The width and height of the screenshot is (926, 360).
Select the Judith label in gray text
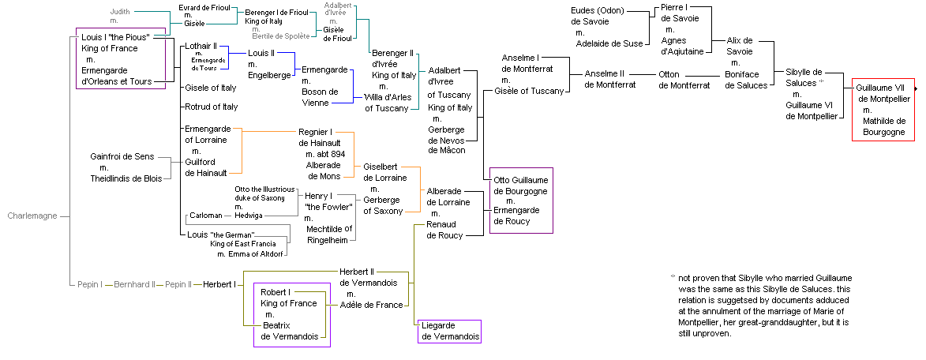tap(120, 12)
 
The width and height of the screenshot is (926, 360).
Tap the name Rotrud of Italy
tap(211, 107)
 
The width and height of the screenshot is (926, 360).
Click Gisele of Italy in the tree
tap(210, 88)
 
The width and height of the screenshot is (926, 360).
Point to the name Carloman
tap(206, 215)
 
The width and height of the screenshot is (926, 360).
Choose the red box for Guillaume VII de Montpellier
tap(883, 111)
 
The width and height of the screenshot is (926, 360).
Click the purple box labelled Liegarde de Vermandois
tap(449, 332)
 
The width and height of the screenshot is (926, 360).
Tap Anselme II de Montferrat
tap(610, 79)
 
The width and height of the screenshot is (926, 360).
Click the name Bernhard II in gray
tap(135, 283)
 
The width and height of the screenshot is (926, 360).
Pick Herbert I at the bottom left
tap(219, 283)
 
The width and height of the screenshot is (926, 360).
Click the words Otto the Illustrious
tap(264, 189)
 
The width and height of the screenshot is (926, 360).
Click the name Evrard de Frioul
tap(204, 7)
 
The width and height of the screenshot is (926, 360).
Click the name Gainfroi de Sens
tap(122, 157)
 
